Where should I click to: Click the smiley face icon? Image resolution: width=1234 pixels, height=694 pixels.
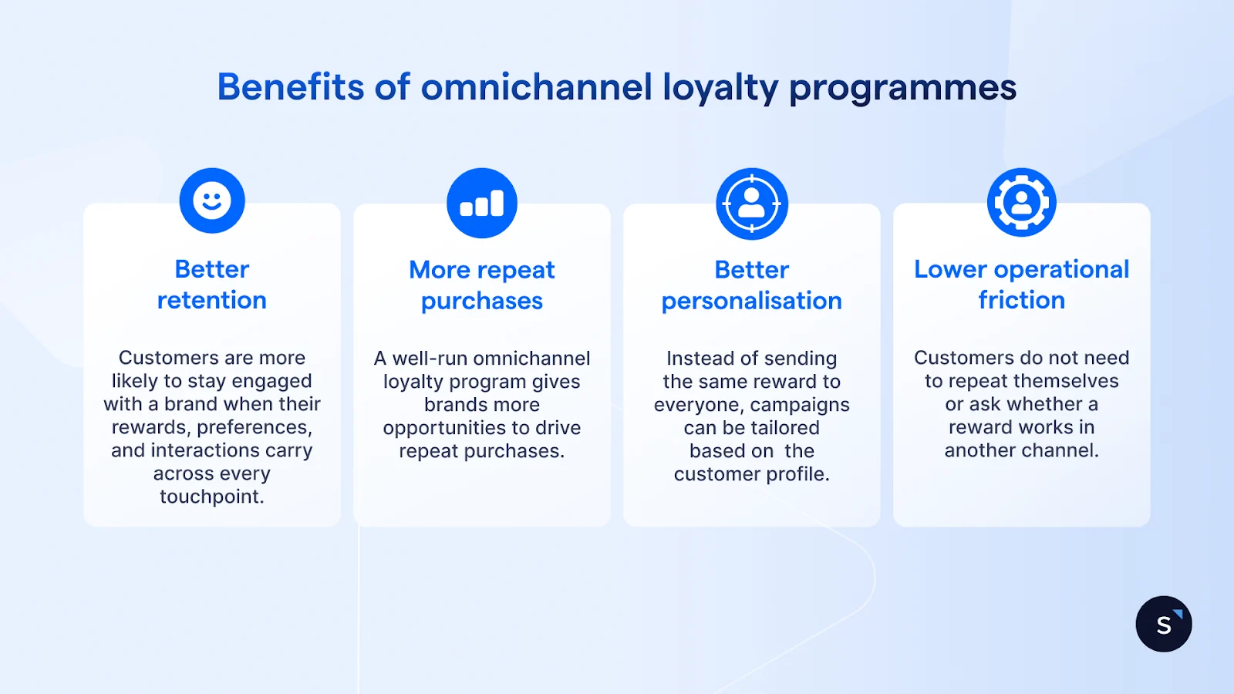(x=212, y=200)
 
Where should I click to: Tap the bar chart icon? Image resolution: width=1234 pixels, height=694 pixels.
(x=482, y=203)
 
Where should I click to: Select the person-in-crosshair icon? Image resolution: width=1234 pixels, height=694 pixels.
(x=752, y=204)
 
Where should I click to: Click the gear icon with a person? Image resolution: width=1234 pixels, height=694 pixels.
(x=1022, y=203)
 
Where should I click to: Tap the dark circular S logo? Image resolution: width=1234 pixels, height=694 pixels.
(x=1164, y=624)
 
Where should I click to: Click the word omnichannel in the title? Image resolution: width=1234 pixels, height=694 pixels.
(x=537, y=86)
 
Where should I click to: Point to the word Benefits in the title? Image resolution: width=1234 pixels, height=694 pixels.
(x=290, y=86)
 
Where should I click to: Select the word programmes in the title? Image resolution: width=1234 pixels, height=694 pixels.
(x=902, y=88)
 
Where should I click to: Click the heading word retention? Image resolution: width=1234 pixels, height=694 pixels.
(x=212, y=300)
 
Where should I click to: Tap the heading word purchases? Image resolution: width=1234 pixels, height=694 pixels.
(x=482, y=301)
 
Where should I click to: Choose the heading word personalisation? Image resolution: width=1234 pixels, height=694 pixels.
(x=752, y=301)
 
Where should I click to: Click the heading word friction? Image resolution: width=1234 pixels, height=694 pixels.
(x=1022, y=300)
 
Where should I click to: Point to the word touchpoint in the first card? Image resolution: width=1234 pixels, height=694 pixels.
(x=211, y=497)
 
